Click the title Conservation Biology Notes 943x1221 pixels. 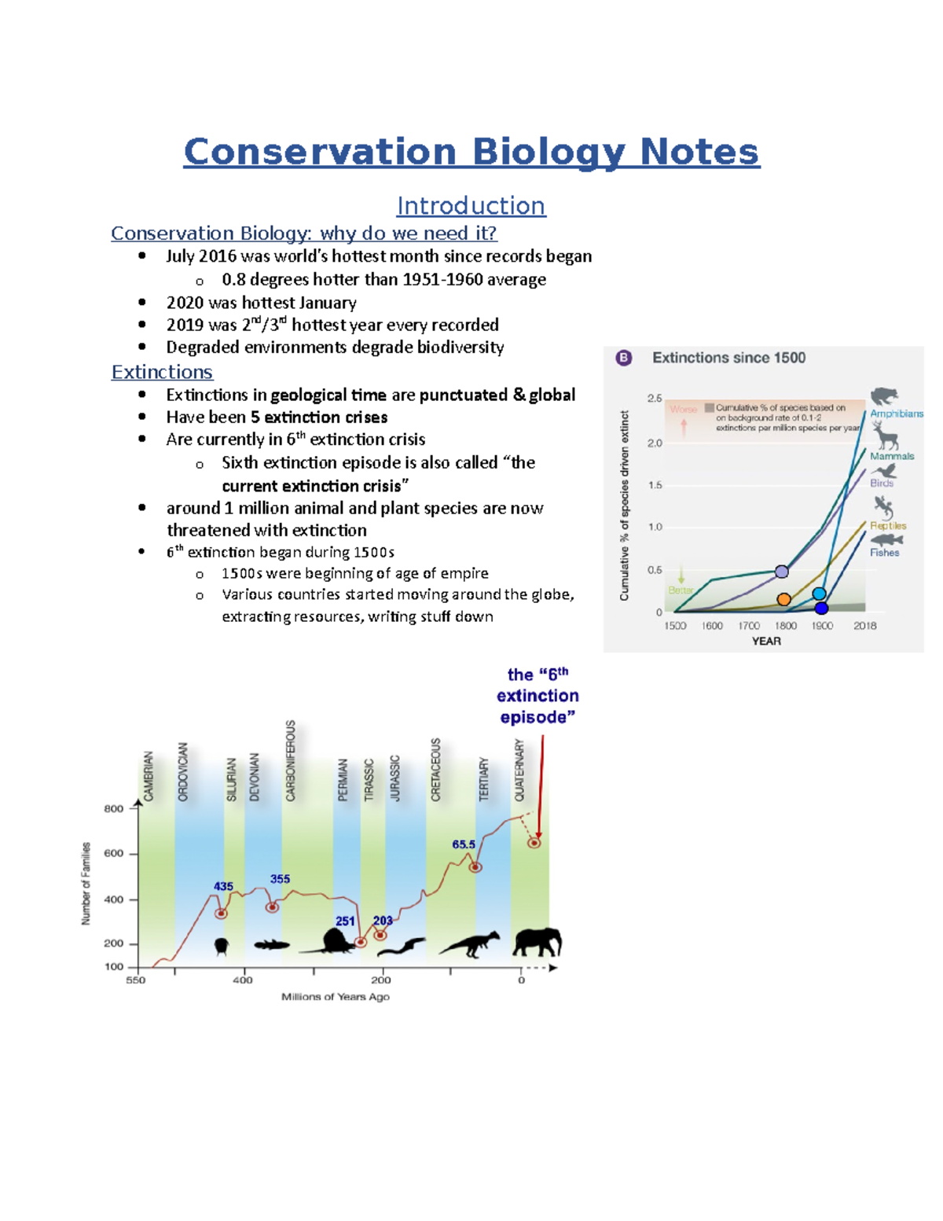coord(472,152)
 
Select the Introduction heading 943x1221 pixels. coord(471,206)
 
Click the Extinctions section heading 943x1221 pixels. coord(162,372)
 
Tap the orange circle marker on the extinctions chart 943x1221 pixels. coord(783,599)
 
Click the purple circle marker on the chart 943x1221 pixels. coord(782,572)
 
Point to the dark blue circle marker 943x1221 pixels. coord(821,608)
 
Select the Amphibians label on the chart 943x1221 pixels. coord(896,414)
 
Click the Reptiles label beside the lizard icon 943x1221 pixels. coord(888,525)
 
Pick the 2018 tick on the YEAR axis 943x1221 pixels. coord(864,626)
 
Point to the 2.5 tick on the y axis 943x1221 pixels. coord(655,399)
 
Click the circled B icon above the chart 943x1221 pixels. coord(624,359)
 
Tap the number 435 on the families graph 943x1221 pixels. coord(223,886)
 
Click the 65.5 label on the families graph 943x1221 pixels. coord(464,844)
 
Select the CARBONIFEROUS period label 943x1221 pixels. coord(291,760)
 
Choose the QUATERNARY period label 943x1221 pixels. coord(519,770)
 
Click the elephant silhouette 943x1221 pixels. coord(538,941)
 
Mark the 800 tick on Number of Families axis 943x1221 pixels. coord(114,808)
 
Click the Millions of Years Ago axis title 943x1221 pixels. coord(336,997)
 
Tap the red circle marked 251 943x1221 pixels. coord(361,942)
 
